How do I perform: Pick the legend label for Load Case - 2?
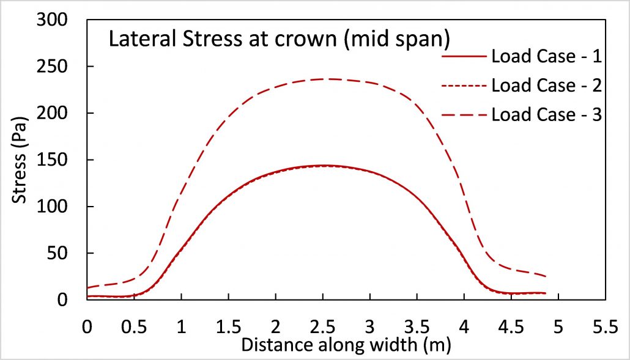click(x=547, y=86)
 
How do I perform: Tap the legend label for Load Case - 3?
click(x=547, y=114)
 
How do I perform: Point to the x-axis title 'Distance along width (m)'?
click(x=346, y=345)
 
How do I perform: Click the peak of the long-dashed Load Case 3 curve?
click(x=330, y=79)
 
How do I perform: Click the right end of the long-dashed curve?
click(x=544, y=276)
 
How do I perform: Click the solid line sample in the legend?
click(x=464, y=57)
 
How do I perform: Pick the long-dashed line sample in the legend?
click(x=464, y=115)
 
